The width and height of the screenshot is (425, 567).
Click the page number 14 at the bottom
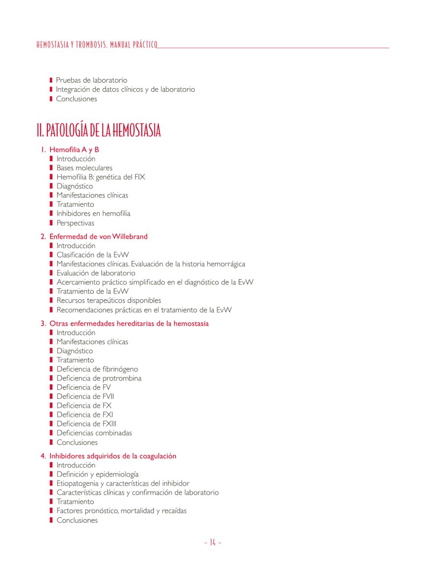pos(212,543)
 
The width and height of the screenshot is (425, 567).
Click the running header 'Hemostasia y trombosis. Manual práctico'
pos(97,45)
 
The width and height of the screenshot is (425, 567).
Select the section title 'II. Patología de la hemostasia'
pos(99,130)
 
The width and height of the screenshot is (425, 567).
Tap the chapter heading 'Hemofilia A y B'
pos(74,150)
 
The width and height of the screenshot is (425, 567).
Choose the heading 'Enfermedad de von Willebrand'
pos(98,236)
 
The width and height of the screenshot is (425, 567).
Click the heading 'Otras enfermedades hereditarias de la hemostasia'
pos(129,323)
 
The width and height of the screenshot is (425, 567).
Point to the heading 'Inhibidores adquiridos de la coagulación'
pos(112,456)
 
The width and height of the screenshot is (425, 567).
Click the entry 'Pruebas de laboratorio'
pos(91,80)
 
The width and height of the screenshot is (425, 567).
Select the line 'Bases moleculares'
pos(84,168)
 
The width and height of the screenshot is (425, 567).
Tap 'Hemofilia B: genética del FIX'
pos(101,177)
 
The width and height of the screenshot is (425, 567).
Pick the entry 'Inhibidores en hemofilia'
pos(93,213)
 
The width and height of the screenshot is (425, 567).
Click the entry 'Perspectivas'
pos(75,223)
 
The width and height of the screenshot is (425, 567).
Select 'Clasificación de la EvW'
pos(92,255)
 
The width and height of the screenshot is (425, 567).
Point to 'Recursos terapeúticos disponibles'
pos(109,300)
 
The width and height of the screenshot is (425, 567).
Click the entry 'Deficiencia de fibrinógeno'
pos(97,369)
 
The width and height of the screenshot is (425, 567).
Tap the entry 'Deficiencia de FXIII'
pos(86,424)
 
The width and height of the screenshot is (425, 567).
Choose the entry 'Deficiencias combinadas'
pos(94,433)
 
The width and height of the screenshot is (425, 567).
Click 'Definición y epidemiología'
pos(97,474)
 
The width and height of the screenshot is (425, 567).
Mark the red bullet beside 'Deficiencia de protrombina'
pos(51,378)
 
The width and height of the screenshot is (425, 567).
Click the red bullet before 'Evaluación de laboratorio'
pos(51,273)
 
